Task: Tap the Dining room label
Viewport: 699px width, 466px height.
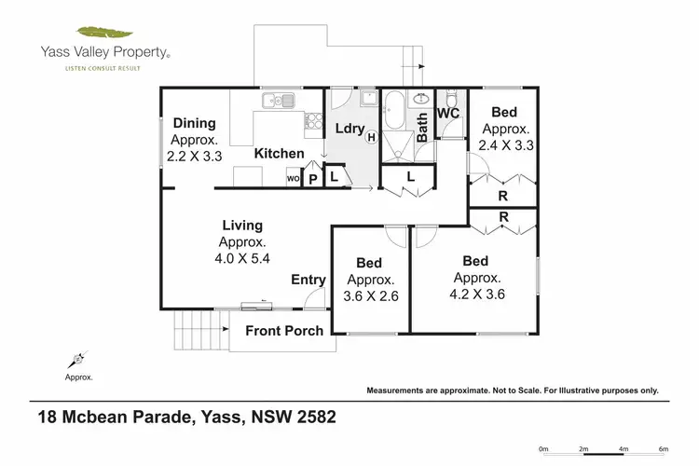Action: pos(194,123)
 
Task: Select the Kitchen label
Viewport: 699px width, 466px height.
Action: pos(280,153)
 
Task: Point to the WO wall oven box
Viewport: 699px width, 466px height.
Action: pos(292,178)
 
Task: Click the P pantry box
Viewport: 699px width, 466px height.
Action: pos(313,178)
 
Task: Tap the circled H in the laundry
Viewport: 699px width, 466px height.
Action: pos(371,138)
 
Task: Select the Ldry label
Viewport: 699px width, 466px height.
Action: pos(348,128)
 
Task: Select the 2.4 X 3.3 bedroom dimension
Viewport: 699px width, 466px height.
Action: pos(506,146)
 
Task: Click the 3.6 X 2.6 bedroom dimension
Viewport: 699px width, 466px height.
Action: pos(372,295)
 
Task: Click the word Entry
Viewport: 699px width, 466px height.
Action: pos(308,280)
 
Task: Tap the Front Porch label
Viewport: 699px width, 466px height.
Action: pos(284,330)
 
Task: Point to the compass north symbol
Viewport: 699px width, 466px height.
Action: pos(77,359)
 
